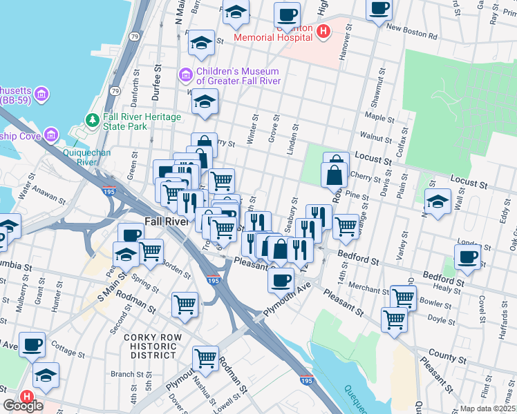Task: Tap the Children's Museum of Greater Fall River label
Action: point(238,76)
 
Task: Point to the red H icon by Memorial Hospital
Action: point(322,31)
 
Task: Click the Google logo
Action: point(23,406)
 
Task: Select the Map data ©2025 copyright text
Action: point(488,408)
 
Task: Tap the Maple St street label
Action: point(379,117)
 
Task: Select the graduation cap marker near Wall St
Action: point(438,202)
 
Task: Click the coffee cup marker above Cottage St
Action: point(32,344)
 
